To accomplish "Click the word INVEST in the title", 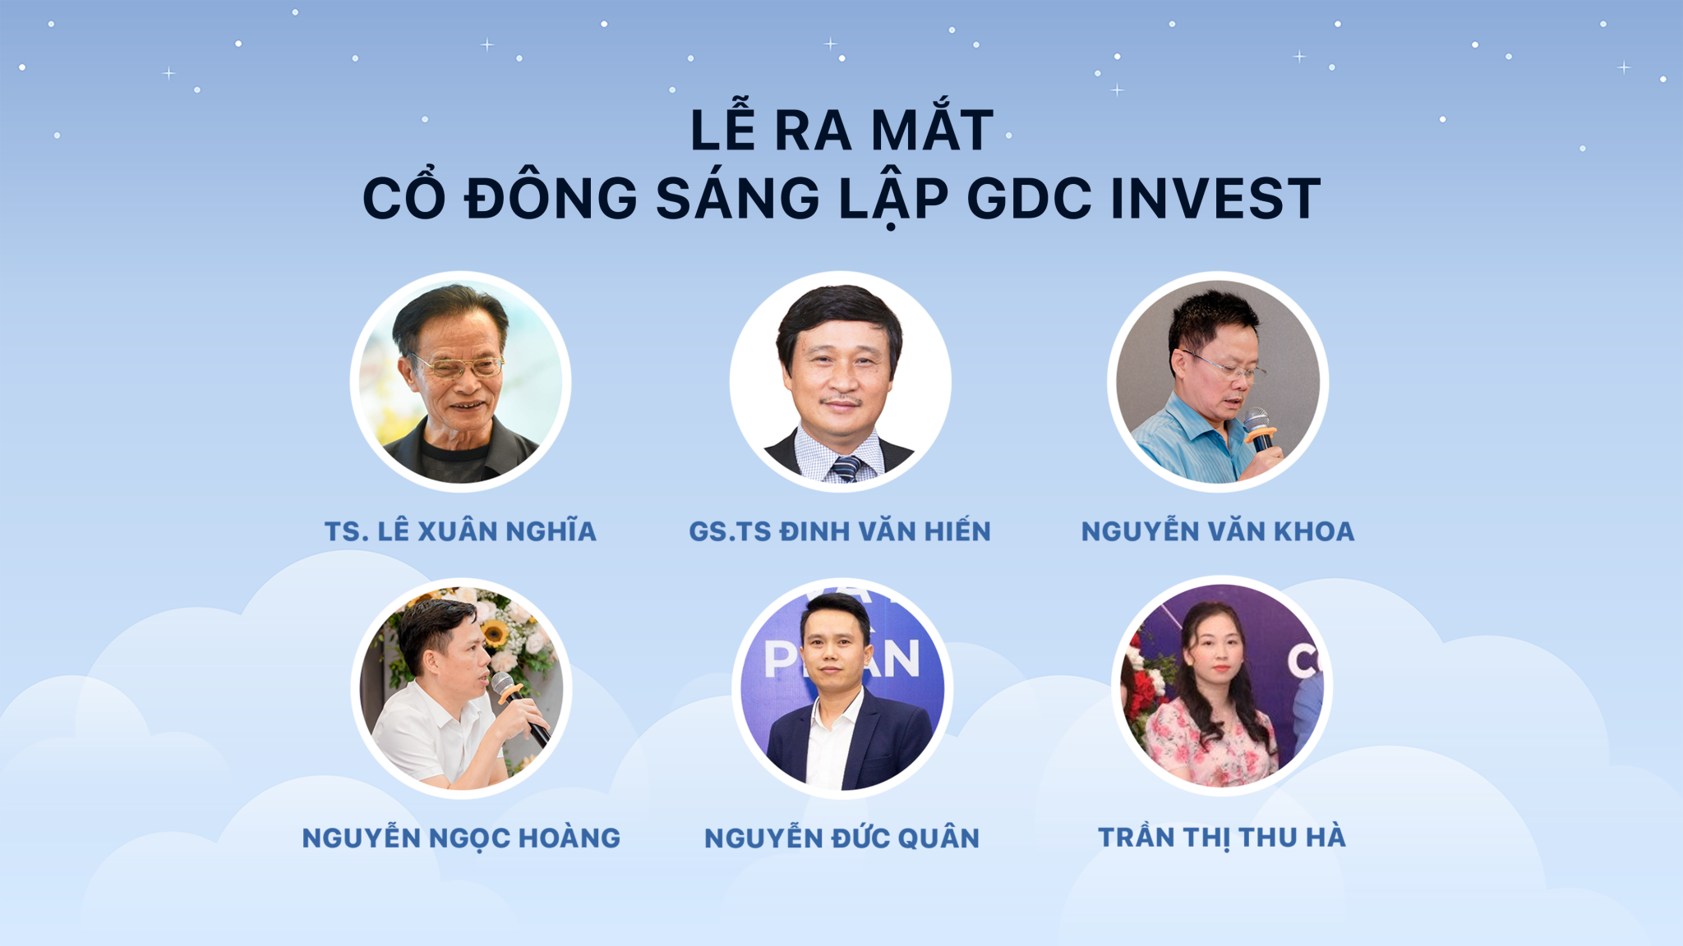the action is tap(1215, 199).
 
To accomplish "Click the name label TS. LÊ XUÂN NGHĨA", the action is tap(460, 531).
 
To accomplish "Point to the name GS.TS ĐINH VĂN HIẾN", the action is tap(840, 531).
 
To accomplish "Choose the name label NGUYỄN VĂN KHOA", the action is tap(1218, 530).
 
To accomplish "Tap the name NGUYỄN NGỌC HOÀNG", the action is tap(461, 838).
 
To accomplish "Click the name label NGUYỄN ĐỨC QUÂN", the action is tap(841, 838).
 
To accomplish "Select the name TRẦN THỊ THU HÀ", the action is tap(1222, 837).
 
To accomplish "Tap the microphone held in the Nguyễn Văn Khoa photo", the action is tap(1257, 429).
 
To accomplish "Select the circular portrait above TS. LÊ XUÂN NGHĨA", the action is tap(460, 382).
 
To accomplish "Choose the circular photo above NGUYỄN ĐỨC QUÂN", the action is tap(841, 688).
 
